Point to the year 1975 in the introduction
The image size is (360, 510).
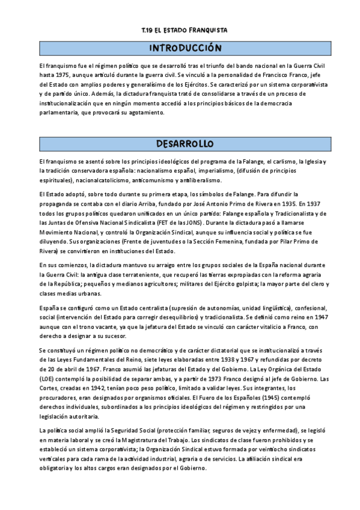click(58, 75)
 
